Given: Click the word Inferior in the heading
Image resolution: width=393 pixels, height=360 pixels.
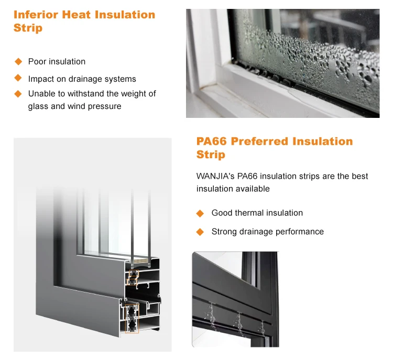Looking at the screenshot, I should pyautogui.click(x=36, y=14).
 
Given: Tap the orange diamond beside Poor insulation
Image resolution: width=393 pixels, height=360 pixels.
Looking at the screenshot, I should pyautogui.click(x=18, y=61).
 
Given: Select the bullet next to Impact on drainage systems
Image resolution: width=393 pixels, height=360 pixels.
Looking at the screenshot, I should pyautogui.click(x=18, y=78).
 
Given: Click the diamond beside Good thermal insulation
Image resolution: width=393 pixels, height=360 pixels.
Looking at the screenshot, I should pyautogui.click(x=200, y=213).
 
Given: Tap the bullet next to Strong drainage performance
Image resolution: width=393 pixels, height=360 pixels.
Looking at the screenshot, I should pyautogui.click(x=200, y=232).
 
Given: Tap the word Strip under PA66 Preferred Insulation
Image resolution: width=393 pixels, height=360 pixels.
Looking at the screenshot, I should pyautogui.click(x=211, y=155).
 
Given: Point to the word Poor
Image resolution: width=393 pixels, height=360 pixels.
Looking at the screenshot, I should pyautogui.click(x=37, y=61).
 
